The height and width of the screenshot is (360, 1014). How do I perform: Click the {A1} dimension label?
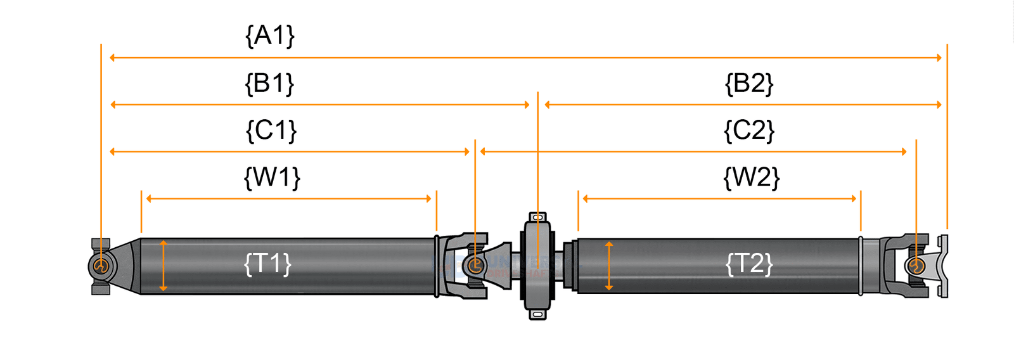270,35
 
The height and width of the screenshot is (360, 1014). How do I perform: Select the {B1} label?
269,83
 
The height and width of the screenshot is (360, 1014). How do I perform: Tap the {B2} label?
749,83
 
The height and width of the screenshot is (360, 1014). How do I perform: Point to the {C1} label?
271,131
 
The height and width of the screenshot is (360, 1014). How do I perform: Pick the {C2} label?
749,131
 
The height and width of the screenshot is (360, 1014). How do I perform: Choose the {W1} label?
272,177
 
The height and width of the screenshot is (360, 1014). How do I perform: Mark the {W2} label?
751,177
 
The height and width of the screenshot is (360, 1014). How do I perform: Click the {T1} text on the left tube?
267,263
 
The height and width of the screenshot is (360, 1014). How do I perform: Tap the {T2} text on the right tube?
749,263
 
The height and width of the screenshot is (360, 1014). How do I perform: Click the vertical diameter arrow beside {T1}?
164,266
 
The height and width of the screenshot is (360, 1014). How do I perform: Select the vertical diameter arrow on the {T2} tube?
609,266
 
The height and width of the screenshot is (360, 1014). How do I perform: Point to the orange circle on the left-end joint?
101,266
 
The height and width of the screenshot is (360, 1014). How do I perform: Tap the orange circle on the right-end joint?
916,266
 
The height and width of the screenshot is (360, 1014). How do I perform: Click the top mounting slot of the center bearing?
537,217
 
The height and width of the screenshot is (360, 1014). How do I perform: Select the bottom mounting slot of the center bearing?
537,314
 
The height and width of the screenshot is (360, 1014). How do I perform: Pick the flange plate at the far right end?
944,266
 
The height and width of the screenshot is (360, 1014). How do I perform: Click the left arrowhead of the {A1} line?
113,58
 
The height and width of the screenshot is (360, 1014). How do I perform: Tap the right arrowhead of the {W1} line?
428,198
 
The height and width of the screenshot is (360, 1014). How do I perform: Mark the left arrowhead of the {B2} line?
548,105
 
